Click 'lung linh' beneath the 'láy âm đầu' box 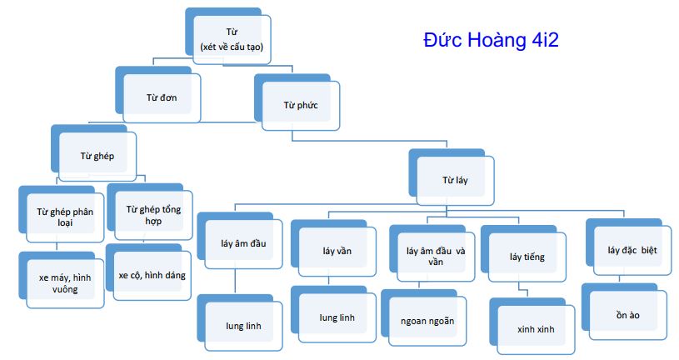[243, 325]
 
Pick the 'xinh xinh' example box [534, 328]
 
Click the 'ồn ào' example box [628, 315]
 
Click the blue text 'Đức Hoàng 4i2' [496, 40]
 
